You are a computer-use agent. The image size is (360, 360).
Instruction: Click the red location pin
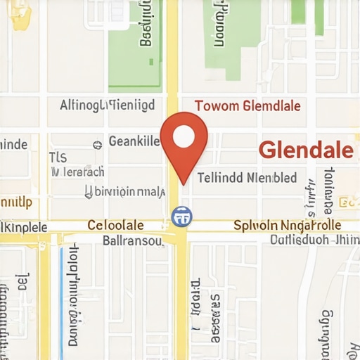click(184, 144)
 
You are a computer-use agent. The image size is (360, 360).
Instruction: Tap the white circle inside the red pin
click(184, 136)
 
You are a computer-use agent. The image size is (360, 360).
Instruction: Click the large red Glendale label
click(305, 150)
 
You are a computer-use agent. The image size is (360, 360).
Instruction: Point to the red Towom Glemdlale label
click(247, 106)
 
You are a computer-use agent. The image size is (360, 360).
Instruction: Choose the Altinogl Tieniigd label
click(108, 106)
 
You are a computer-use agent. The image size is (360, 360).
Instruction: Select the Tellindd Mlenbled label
click(246, 178)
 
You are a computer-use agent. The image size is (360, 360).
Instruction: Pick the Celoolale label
click(115, 225)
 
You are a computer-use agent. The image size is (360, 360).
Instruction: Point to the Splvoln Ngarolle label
click(286, 225)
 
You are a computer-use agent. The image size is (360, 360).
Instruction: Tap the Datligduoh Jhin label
click(314, 239)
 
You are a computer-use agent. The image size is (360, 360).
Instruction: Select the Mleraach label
click(79, 171)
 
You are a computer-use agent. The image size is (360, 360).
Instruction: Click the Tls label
click(58, 157)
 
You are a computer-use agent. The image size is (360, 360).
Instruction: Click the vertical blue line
click(62, 295)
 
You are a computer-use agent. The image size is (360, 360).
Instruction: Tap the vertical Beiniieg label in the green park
click(146, 25)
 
